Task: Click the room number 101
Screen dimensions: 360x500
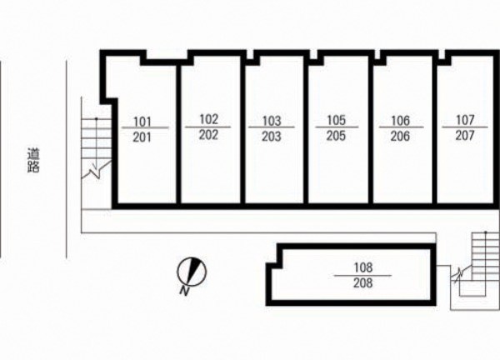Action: pyautogui.click(x=142, y=120)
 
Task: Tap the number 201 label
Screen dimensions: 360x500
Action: pyautogui.click(x=142, y=137)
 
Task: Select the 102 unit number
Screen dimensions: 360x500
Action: pyautogui.click(x=209, y=118)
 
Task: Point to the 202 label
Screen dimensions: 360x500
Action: pyautogui.click(x=209, y=135)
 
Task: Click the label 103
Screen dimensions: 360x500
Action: pyautogui.click(x=271, y=120)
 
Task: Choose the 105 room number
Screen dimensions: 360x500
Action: pyautogui.click(x=337, y=120)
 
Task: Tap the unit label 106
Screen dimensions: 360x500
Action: pyautogui.click(x=400, y=120)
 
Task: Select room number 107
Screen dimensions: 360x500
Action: pyautogui.click(x=465, y=120)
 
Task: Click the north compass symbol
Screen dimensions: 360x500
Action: pyautogui.click(x=192, y=269)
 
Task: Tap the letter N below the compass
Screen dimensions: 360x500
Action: pyautogui.click(x=182, y=290)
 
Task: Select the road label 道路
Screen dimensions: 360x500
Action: pyautogui.click(x=33, y=159)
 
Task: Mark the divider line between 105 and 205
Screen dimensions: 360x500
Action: pyautogui.click(x=337, y=127)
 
